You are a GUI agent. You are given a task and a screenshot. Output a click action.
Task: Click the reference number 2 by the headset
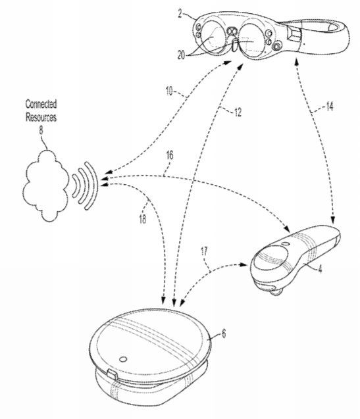tap(180, 13)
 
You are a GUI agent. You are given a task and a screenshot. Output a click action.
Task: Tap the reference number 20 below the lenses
tap(181, 55)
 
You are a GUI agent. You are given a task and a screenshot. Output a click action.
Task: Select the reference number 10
tap(169, 91)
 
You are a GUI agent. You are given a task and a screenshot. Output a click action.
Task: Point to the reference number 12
tap(238, 112)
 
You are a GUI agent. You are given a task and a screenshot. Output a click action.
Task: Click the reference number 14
tap(330, 107)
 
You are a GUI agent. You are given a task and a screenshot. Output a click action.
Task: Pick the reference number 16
tap(170, 155)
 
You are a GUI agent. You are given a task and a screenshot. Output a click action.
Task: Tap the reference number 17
tap(204, 252)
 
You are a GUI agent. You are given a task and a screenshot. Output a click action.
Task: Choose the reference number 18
tap(143, 219)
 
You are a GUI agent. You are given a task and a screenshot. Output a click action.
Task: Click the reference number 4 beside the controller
tap(320, 269)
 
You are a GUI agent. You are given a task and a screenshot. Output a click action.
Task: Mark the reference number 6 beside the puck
tap(224, 333)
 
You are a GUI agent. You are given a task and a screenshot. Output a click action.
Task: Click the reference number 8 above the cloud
tap(41, 130)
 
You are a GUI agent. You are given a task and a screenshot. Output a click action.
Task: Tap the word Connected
tap(41, 104)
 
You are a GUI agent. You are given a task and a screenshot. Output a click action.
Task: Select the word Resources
tap(41, 117)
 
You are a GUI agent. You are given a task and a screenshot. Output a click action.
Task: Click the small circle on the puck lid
tap(123, 359)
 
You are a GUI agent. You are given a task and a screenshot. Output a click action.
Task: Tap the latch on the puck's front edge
tap(112, 374)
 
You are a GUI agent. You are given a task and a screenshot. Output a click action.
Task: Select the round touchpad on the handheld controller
tap(270, 257)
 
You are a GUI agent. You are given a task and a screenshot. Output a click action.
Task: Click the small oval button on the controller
tap(285, 244)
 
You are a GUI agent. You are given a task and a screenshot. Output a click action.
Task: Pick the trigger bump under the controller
tap(276, 291)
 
